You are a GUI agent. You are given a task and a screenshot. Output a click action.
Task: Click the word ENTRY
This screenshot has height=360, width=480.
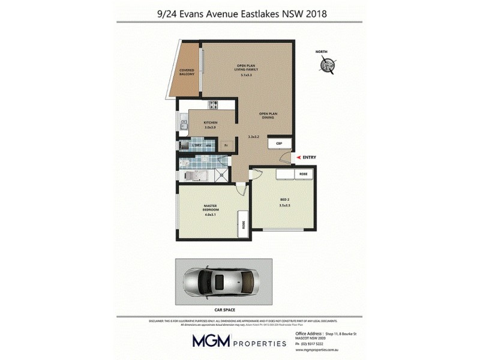(309, 158)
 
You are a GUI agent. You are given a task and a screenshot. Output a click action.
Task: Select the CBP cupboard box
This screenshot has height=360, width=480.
(279, 143)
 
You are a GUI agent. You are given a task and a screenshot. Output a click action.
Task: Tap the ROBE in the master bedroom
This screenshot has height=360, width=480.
(243, 224)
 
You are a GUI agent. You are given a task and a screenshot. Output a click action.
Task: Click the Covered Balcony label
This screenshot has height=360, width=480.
(187, 72)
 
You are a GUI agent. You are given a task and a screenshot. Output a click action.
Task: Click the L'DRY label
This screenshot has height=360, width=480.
(196, 146)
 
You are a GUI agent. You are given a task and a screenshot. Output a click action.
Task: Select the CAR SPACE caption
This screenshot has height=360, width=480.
(224, 310)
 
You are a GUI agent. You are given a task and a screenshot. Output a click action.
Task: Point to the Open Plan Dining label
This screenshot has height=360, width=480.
(267, 115)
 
